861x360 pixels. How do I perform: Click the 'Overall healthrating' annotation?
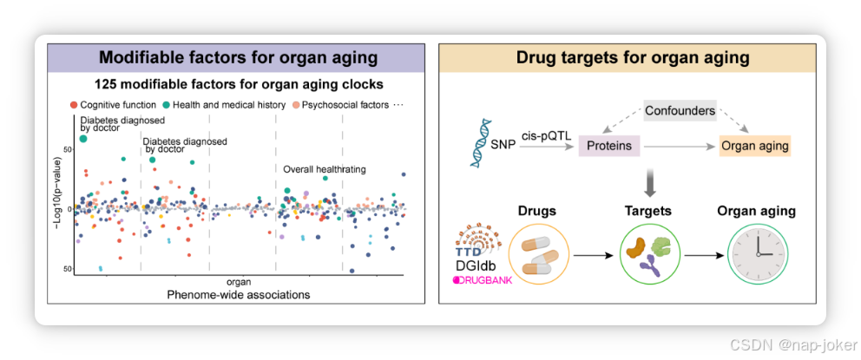325,169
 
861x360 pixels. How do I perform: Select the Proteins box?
609,146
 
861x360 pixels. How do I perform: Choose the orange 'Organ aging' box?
755,146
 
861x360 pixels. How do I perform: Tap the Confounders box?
680,110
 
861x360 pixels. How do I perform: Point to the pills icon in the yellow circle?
540,255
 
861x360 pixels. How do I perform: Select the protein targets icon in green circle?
649,255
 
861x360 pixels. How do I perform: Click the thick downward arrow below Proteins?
648,180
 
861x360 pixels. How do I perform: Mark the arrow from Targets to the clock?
703,256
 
